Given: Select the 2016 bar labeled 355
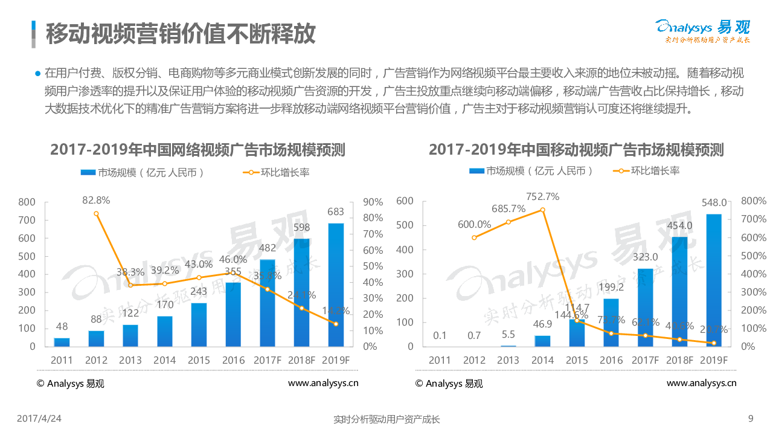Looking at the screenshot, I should pos(233,314).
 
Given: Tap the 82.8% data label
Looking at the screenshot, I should pos(95,200).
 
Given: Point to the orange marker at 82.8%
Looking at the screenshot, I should pos(96,213).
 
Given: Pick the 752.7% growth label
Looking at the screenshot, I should pos(542,196).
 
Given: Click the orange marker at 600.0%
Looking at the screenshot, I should pos(474,237).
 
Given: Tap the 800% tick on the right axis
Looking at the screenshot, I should pos(753,201).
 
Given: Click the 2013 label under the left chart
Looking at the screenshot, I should pos(130,361).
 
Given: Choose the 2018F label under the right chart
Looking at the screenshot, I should pos(679,361).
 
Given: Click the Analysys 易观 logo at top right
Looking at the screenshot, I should pos(702,31).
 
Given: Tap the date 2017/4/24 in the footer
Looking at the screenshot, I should pos(39,418).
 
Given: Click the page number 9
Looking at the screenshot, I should pos(751,418).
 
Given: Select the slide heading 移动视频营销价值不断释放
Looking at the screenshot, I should pos(181,33).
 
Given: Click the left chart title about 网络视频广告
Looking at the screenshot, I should pos(197,149).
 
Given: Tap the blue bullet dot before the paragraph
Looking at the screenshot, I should pos(37,74).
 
